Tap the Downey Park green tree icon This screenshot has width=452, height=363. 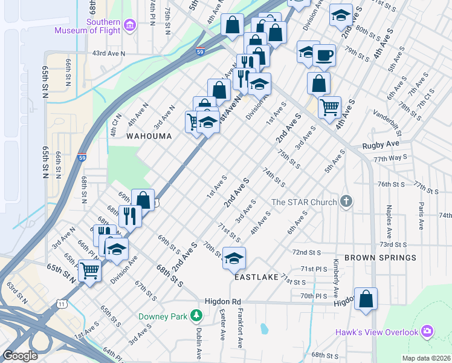coord(196,316)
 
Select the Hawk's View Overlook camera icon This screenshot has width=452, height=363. coord(428,332)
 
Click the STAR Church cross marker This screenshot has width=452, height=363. coord(346,201)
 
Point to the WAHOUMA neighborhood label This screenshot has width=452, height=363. coord(149,137)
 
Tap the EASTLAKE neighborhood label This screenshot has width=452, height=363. coord(256,276)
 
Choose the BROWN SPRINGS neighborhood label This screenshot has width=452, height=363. coord(380,258)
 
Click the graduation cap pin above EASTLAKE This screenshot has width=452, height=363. coord(234,259)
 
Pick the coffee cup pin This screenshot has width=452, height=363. coord(324,55)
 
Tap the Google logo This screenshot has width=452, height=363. coord(20,356)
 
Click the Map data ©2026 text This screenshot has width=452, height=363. coord(426,358)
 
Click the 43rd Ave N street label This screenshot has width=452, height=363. coord(108,53)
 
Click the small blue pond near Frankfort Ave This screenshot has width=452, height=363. coord(264,329)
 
